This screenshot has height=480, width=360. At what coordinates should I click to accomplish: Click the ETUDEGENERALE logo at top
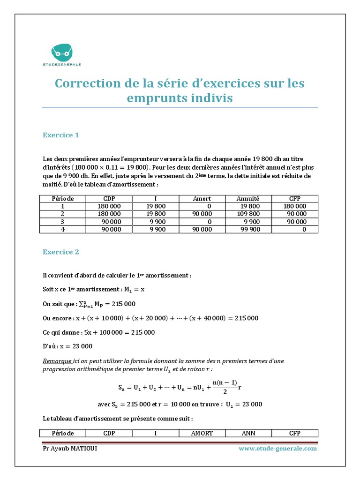[x=66, y=54]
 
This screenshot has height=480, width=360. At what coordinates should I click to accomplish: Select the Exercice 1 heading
[x=61, y=135]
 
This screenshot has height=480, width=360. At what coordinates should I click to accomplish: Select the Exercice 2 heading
[x=61, y=252]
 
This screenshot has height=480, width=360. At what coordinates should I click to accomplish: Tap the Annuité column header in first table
[x=248, y=199]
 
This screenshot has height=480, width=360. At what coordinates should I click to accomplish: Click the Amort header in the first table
[x=202, y=199]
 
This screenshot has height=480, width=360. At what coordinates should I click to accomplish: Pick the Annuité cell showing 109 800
[x=248, y=214]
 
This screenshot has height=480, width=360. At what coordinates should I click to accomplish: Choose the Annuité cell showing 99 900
[x=248, y=229]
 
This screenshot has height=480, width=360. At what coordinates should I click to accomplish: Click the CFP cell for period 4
[x=295, y=229]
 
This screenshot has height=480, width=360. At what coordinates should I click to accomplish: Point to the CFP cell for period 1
[x=295, y=206]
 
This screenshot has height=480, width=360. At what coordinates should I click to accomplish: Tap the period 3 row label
[x=63, y=222]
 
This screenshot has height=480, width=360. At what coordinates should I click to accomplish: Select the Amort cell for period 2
[x=202, y=214]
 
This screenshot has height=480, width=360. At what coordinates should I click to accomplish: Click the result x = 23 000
[x=77, y=346]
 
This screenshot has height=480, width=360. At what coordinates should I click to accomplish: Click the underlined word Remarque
[x=57, y=361]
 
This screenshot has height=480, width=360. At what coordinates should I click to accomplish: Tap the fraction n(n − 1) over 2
[x=225, y=387]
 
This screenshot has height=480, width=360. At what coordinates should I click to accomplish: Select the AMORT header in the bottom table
[x=202, y=433]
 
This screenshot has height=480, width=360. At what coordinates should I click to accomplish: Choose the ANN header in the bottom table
[x=248, y=433]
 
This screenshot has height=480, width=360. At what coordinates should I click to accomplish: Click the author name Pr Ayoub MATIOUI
[x=70, y=449]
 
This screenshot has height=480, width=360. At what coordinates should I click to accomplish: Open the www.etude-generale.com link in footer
[x=277, y=449]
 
